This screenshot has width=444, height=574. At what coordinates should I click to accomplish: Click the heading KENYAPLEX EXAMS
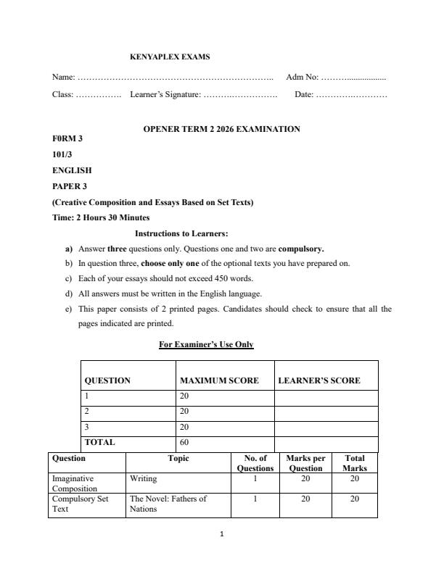(170, 57)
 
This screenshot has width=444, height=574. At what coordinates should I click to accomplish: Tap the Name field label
(64, 77)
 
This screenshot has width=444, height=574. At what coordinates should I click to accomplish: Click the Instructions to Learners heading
(181, 233)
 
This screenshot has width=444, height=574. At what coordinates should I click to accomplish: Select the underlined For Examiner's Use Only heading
(206, 344)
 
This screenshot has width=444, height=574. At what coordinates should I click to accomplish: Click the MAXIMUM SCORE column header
(219, 380)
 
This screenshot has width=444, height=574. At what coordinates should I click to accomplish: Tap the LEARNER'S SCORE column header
(319, 380)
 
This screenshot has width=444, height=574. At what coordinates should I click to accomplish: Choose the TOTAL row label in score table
(100, 441)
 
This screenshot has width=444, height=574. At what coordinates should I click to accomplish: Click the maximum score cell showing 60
(184, 441)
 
